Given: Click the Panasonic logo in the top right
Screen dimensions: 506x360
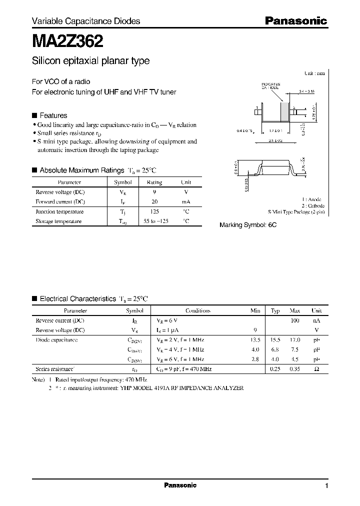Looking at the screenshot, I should (x=295, y=21).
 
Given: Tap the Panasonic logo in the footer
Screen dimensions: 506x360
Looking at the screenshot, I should (x=180, y=485).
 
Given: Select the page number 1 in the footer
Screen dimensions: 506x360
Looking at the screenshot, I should (x=326, y=486).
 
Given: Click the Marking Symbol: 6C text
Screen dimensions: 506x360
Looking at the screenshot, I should (x=248, y=225).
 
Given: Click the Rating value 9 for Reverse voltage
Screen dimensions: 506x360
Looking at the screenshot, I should (x=154, y=192).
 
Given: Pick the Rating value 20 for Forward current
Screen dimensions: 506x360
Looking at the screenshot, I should (x=154, y=201).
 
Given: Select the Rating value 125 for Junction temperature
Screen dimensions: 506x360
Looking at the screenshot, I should (x=154, y=211).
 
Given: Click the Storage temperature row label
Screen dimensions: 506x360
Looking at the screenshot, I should (x=58, y=221).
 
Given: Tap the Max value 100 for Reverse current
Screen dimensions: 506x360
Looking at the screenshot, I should (x=294, y=320).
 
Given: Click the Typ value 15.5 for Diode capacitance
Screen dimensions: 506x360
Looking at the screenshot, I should (x=275, y=340).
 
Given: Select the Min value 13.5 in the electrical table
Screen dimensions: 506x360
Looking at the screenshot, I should (x=255, y=340).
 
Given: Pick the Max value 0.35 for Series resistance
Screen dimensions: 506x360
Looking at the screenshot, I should (x=294, y=369).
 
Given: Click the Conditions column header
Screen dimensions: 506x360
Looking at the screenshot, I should (x=198, y=310).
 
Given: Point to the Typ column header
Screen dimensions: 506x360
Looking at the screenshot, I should (x=275, y=310).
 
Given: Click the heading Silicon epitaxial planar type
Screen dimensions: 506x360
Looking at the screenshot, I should (x=90, y=61).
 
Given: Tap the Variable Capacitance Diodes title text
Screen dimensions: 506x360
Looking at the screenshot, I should (x=86, y=21).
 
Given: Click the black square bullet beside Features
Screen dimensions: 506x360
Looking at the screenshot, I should (x=34, y=115).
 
